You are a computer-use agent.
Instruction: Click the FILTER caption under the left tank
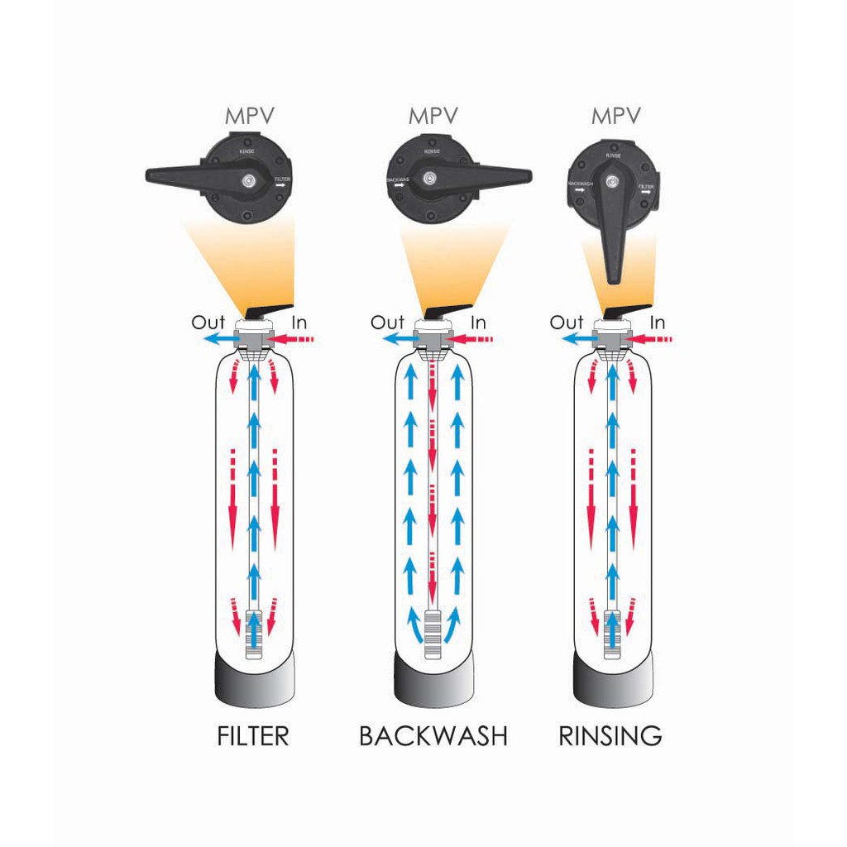click(x=253, y=735)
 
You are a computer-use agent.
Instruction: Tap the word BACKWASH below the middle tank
click(x=433, y=735)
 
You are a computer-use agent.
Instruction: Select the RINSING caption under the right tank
click(x=610, y=735)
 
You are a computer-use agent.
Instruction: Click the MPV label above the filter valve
click(x=252, y=116)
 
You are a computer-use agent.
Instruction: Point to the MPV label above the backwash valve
click(x=433, y=116)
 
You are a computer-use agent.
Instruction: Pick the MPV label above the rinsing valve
click(x=616, y=116)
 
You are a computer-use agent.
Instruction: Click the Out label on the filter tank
click(x=208, y=322)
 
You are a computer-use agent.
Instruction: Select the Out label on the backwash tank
click(x=387, y=322)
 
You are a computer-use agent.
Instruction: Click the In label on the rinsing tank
click(x=658, y=322)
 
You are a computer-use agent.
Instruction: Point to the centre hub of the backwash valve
click(x=428, y=177)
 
